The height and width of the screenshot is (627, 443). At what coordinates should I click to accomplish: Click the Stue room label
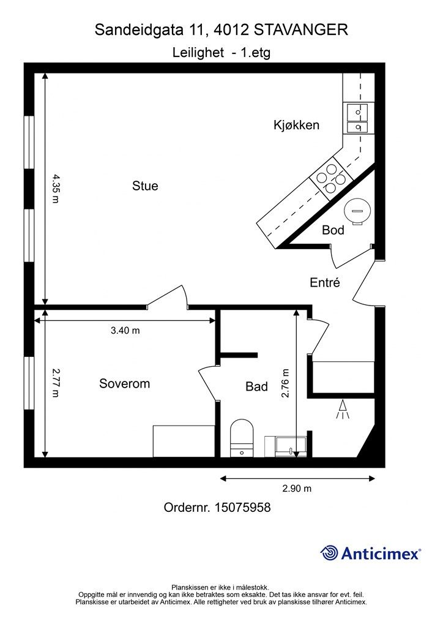(145, 186)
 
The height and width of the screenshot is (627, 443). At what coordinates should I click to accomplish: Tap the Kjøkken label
(296, 125)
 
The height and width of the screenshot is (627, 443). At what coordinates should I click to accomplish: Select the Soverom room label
(125, 384)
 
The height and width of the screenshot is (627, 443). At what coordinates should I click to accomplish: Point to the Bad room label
(256, 387)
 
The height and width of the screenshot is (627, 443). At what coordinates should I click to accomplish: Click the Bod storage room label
(333, 230)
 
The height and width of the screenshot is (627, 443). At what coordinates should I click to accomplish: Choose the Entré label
(325, 283)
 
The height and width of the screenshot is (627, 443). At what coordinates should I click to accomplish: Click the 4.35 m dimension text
(55, 188)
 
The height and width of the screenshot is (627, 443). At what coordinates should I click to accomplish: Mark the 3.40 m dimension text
(125, 331)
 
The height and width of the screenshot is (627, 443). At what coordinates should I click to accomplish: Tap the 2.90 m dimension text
(297, 488)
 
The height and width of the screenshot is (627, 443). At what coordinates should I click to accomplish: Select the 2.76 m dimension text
(285, 384)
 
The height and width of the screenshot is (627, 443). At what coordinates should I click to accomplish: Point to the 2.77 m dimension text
(55, 383)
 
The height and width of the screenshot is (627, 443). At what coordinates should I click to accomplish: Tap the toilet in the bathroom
(242, 438)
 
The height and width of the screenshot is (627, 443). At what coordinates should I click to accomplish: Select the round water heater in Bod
(357, 211)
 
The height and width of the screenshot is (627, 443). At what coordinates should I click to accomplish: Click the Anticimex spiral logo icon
(329, 554)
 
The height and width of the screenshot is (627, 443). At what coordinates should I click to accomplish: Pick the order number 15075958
(243, 508)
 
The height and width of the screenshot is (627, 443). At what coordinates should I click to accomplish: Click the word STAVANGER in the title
(301, 30)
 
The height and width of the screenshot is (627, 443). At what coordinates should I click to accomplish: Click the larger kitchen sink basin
(357, 113)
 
